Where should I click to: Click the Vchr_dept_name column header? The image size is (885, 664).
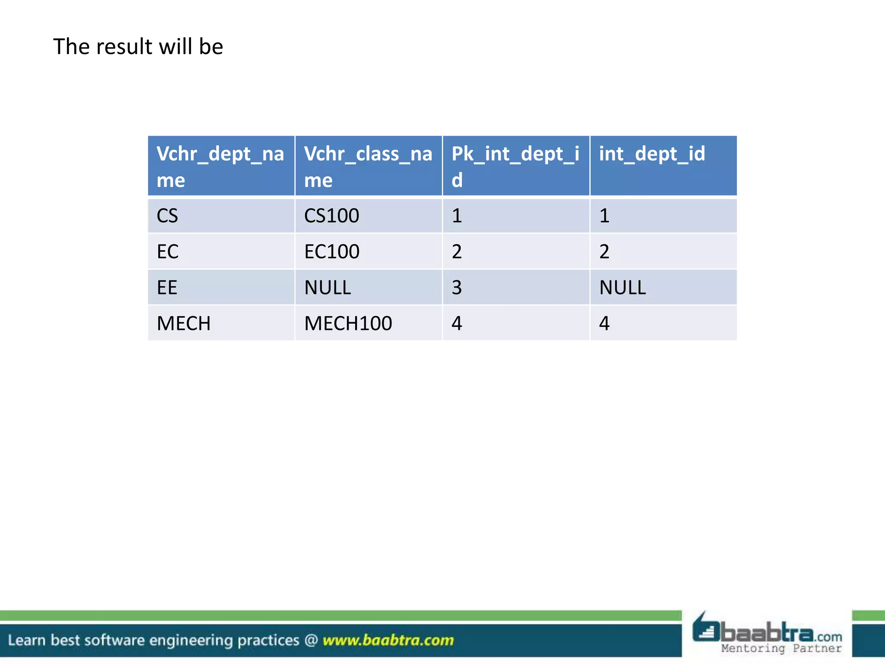tap(220, 166)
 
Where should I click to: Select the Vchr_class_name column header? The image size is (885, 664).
tap(368, 166)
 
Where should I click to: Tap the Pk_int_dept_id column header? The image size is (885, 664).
tap(516, 166)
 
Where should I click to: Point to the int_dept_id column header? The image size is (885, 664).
tap(652, 154)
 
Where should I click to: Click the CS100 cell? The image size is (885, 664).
tap(331, 216)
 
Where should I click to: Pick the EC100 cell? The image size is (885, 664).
tap(331, 252)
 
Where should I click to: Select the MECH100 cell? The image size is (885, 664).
tap(348, 323)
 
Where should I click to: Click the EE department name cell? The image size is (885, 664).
tap(167, 287)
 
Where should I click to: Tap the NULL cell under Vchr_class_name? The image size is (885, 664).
tap(328, 287)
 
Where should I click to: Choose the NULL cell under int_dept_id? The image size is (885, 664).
tap(622, 287)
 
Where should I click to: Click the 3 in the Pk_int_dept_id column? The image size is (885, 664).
tap(457, 287)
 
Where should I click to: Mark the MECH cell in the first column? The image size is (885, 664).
tap(184, 323)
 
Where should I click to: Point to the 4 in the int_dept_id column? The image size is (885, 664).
tap(604, 323)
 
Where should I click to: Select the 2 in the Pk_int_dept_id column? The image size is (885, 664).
tap(457, 252)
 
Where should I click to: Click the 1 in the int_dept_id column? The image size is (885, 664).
tap(604, 216)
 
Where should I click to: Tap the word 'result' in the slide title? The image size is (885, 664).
tap(124, 46)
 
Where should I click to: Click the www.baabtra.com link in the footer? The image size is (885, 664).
tap(388, 640)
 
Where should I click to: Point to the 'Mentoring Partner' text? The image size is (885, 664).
tap(781, 648)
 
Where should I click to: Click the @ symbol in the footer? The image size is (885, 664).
tap(311, 640)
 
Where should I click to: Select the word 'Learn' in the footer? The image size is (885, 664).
tap(26, 640)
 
